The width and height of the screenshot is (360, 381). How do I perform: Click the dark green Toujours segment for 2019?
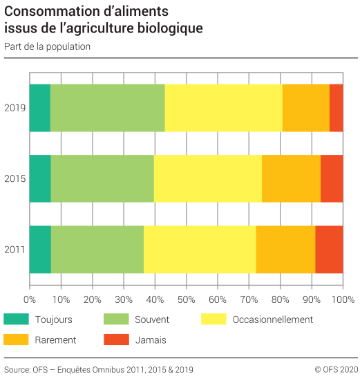39,108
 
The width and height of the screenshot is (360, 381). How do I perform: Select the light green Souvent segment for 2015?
102,178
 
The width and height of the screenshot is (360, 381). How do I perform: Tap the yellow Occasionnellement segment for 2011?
200,249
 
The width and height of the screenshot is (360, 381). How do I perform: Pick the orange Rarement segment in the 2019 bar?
305,108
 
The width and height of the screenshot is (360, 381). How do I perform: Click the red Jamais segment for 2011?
329,249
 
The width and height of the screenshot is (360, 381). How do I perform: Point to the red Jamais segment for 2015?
332,178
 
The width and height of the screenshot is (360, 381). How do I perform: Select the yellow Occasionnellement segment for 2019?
223,108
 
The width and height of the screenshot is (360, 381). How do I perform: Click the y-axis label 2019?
15,108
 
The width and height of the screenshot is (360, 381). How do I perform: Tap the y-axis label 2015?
15,179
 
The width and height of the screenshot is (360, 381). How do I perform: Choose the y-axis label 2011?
15,250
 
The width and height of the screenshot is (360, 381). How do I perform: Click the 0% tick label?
30,300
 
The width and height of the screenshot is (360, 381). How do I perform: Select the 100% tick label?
343,300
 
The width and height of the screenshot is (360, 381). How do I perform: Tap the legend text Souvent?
151,319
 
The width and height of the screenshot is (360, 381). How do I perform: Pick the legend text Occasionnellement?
273,319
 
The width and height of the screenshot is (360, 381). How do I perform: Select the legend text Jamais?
151,340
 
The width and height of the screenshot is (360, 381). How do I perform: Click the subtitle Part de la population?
47,47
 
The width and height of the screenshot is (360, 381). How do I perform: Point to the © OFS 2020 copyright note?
336,369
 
